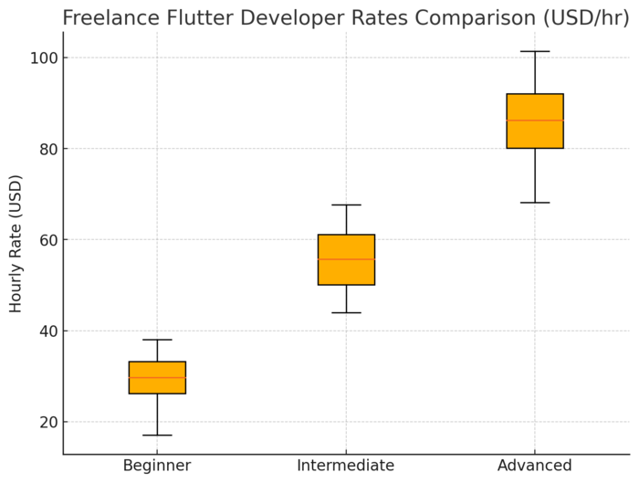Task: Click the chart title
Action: (345, 17)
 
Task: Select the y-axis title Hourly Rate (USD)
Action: (16, 243)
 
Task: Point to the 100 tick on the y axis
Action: (43, 58)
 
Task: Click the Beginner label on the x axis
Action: (157, 466)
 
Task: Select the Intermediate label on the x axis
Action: (346, 466)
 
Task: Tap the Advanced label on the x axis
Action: (535, 466)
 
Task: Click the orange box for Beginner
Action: (157, 377)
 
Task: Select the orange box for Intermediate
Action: (346, 259)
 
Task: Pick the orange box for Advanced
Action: (535, 121)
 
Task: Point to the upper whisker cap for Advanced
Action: (535, 52)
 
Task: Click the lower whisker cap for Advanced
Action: (535, 203)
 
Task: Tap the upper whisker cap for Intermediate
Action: (346, 205)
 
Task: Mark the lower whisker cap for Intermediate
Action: (346, 313)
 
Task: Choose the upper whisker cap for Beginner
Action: (157, 340)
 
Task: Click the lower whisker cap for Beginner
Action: (157, 436)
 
